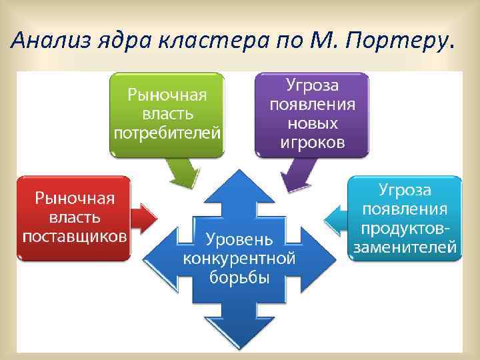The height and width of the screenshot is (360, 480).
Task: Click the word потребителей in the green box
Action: (167, 132)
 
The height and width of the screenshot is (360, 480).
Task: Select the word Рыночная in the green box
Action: (167, 94)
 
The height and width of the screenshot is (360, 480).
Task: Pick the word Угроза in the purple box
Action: (312, 85)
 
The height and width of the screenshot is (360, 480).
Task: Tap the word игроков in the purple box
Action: (312, 142)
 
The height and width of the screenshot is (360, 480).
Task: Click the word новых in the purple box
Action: (312, 123)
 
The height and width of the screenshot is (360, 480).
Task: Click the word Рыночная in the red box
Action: (75, 198)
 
